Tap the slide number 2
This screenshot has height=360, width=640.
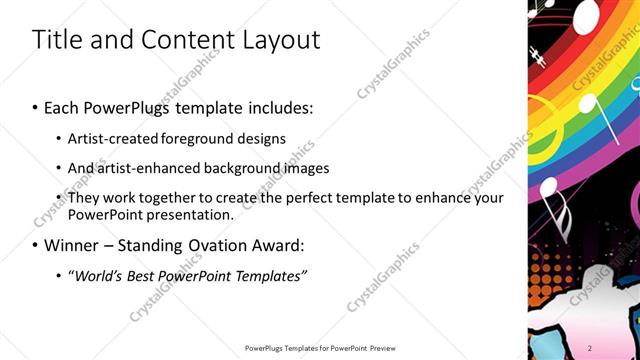tap(590, 347)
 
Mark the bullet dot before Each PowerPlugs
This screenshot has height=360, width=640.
tap(36, 106)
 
